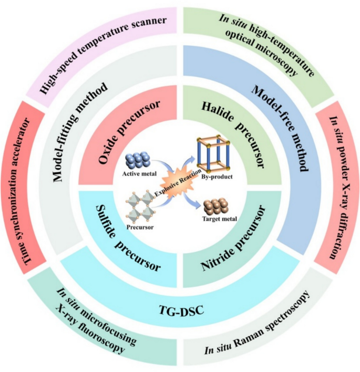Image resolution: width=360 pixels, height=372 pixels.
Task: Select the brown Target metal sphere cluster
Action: (217, 206)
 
